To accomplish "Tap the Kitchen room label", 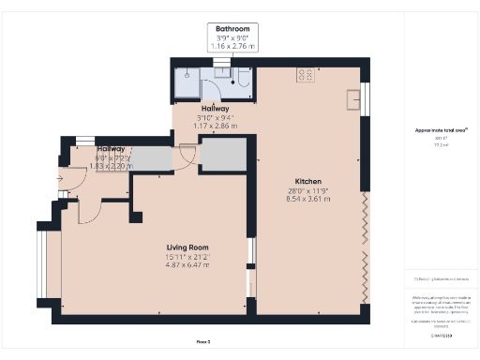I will [308, 180].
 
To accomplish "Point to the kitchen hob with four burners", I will [307, 73].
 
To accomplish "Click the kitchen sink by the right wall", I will [354, 97].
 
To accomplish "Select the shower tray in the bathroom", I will [187, 82].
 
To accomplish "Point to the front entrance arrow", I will [59, 177].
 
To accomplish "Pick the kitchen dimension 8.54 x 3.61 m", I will [308, 199].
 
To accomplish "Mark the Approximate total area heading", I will [440, 129].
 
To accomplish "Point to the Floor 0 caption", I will [202, 341].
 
